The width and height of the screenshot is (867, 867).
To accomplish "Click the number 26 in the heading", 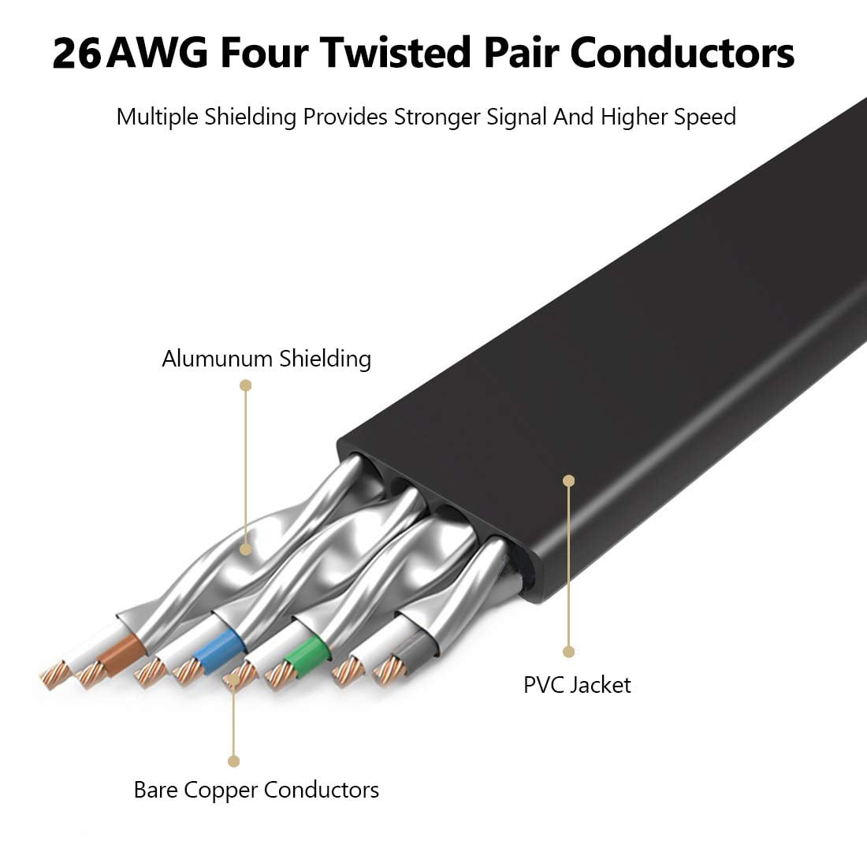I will point(76,54).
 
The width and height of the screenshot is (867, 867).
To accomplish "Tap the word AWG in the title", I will point(158,54).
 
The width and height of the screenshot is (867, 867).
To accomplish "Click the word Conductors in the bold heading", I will point(681,54).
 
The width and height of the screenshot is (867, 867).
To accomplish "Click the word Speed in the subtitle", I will point(704,117).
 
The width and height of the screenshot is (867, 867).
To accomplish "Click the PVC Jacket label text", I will point(577,684).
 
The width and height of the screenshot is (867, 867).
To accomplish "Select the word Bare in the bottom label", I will point(156,790).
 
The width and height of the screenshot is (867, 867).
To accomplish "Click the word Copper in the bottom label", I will point(221,790).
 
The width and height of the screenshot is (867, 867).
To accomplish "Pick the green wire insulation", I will point(308,650).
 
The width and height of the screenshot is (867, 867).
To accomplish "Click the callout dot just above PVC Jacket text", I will point(569,652).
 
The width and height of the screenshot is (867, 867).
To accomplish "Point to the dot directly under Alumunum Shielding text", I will point(246,385).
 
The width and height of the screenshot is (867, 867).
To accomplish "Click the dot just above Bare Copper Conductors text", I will point(233,761).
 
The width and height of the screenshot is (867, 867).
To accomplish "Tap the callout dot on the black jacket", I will point(569,480).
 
